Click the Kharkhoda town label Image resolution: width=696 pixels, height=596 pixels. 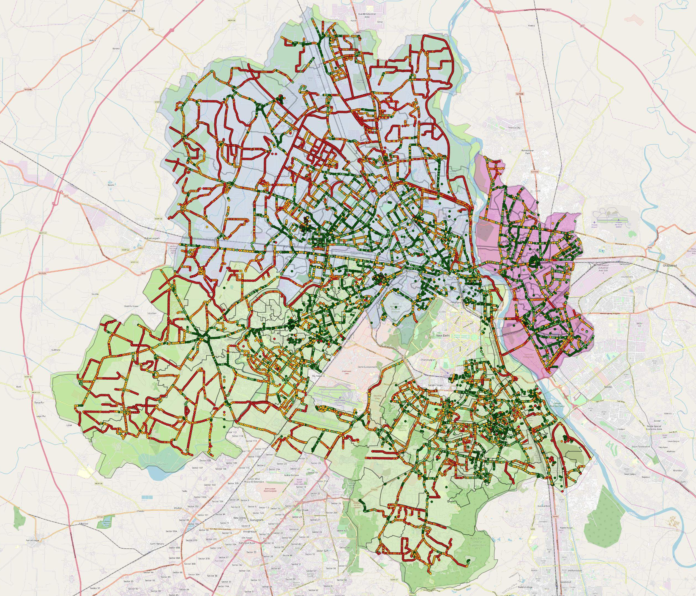tap(128, 11)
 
